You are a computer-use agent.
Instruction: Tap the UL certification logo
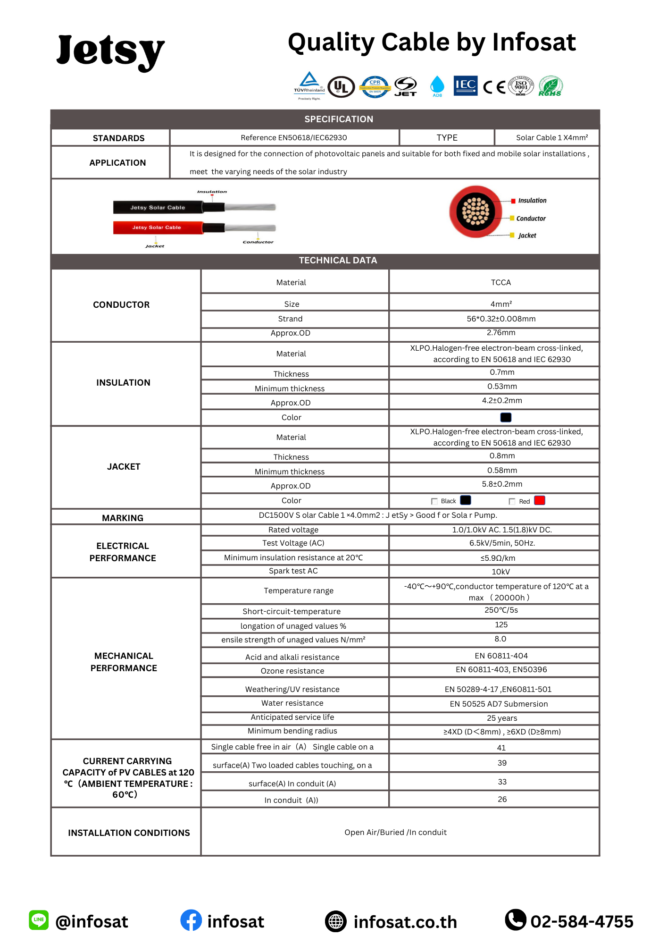point(341,87)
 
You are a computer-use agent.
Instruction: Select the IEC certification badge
point(465,85)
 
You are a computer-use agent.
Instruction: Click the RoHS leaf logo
point(550,86)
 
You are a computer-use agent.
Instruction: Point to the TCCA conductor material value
point(500,282)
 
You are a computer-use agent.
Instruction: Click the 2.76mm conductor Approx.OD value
point(500,333)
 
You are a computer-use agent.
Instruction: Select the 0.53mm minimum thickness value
point(502,387)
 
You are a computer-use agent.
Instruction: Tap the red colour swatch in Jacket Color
point(540,500)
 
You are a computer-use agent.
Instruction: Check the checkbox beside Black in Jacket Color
point(434,501)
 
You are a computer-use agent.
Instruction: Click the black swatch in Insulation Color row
point(506,417)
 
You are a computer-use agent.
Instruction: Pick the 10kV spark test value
point(500,572)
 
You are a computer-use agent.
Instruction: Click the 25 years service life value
point(502,718)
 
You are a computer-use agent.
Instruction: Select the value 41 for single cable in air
point(501,748)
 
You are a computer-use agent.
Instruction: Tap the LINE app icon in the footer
point(39,920)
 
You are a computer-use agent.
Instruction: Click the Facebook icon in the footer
point(191,920)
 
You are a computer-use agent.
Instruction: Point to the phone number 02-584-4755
point(582,921)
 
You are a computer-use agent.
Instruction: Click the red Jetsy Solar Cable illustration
point(158,228)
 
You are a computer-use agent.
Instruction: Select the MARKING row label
point(123,518)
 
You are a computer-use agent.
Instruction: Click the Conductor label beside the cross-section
point(531,219)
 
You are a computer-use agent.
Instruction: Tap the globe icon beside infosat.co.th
point(336,921)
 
